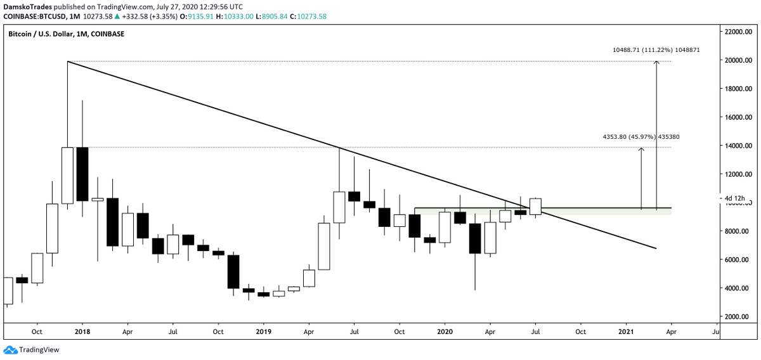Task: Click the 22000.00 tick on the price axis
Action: tap(739, 32)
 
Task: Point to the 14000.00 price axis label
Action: tap(739, 146)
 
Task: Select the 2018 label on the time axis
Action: tap(82, 331)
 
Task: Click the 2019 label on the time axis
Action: tap(264, 331)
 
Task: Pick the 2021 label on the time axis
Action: tap(626, 331)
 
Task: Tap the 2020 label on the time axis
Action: tap(445, 331)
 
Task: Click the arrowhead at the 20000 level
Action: tap(656, 62)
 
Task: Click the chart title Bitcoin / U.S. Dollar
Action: tap(48, 34)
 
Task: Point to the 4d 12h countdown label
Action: tap(734, 198)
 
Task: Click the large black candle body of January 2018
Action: tap(82, 174)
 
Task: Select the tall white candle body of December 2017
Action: tap(68, 176)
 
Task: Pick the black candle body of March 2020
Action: tap(475, 238)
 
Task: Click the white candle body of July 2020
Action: tap(535, 207)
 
